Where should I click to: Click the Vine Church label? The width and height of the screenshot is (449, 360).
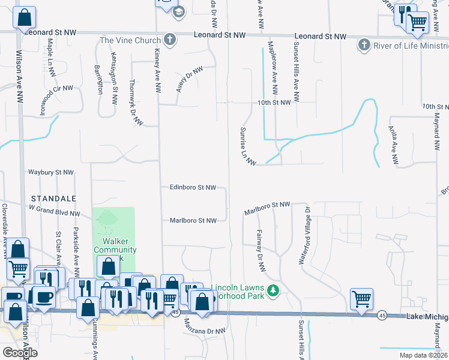coord(130,40)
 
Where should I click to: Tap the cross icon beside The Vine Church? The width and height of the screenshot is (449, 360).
coord(170,40)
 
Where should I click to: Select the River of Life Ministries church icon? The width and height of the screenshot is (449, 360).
coord(364,44)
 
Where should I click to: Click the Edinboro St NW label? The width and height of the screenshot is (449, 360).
coord(192,187)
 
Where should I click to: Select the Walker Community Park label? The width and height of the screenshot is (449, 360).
coord(115,250)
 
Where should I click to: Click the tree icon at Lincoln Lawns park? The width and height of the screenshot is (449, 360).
coord(274,291)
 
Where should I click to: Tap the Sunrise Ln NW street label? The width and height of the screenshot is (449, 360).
coord(248,146)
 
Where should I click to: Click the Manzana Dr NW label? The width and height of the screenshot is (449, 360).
coord(204,331)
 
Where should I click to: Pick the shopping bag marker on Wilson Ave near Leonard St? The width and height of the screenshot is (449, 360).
coord(24,19)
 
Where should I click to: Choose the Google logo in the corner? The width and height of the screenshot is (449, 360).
coord(19,353)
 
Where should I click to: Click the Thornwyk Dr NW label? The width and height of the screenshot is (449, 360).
coord(136,103)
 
